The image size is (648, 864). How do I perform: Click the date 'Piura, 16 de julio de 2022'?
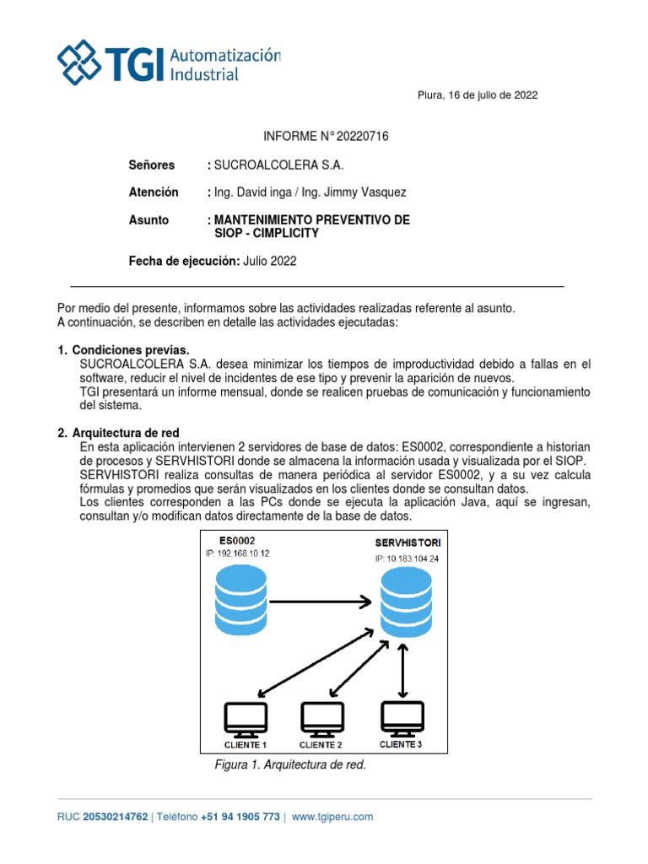point(478,95)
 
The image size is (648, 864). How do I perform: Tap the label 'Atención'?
point(153,192)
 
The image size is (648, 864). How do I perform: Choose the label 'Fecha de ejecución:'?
point(183,261)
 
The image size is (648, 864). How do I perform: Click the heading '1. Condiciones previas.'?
point(123,350)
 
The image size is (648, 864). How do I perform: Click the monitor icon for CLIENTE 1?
point(245,718)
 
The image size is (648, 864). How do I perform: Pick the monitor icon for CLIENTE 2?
point(321,718)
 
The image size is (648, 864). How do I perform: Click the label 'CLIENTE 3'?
point(400,744)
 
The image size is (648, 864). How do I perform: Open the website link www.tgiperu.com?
point(332,817)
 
